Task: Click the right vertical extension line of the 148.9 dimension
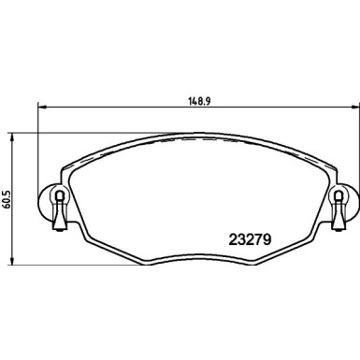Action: (x=355, y=140)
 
